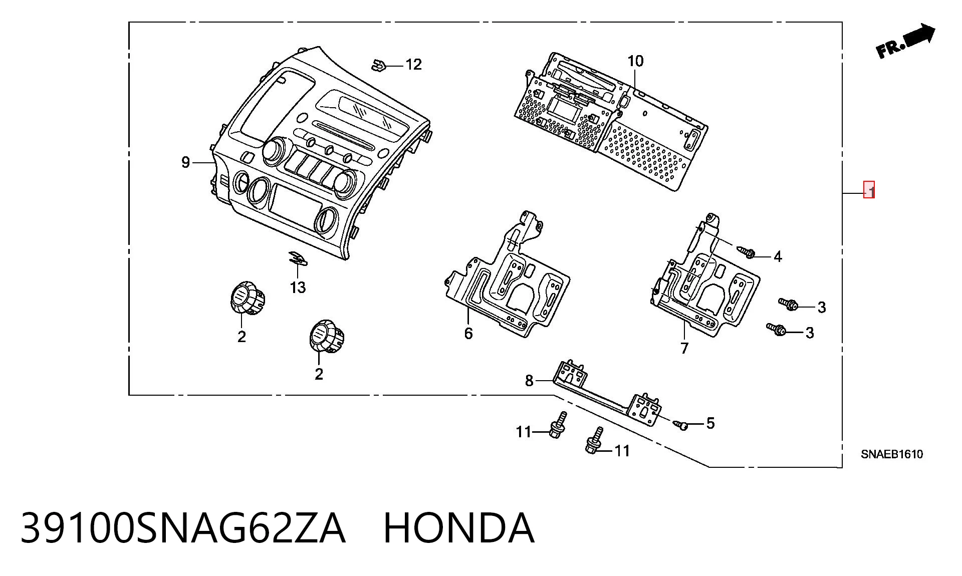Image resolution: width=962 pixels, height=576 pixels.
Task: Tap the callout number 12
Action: tap(413, 65)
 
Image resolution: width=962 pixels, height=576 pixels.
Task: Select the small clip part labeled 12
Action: tap(378, 65)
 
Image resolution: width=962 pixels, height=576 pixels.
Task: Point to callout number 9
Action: tap(185, 162)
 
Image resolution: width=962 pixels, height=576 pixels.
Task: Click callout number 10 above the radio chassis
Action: tap(635, 61)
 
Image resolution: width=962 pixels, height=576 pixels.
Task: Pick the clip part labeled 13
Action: tap(298, 258)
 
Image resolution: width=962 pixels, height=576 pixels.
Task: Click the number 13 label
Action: tap(298, 287)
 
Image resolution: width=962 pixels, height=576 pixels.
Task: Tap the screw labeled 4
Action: tap(746, 252)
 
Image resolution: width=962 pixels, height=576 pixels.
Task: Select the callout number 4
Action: tap(778, 257)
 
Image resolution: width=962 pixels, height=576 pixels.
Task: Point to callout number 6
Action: tap(468, 334)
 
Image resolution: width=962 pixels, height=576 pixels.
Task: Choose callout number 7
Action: tap(684, 348)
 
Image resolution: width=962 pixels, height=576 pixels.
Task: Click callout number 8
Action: tap(529, 381)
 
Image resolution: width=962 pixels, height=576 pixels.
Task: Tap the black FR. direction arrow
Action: tap(905, 41)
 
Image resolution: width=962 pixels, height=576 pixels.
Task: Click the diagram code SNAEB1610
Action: tap(892, 454)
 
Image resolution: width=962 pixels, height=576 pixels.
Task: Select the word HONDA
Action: tap(459, 528)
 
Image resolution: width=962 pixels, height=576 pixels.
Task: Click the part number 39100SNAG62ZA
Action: tap(183, 528)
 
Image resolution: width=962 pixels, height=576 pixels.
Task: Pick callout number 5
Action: tap(710, 424)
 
